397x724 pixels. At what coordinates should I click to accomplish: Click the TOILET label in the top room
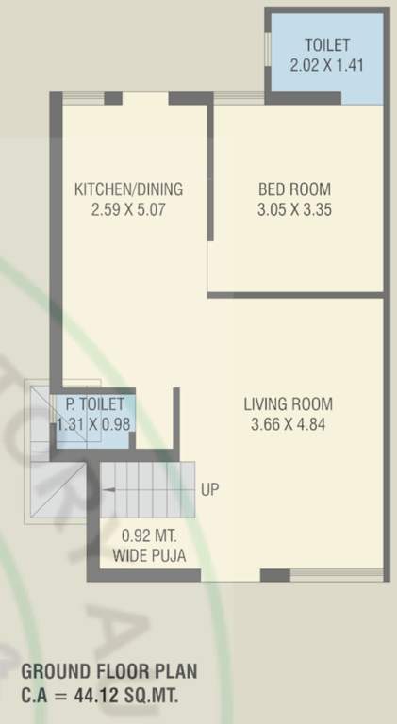pos(327,45)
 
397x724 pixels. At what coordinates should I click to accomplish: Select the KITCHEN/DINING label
pos(128,189)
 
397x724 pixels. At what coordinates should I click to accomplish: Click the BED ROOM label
pos(294,189)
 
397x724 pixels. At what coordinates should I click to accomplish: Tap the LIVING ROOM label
pos(289,404)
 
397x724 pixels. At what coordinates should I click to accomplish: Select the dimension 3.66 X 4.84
pos(289,424)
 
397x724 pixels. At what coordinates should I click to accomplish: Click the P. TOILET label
pos(94,404)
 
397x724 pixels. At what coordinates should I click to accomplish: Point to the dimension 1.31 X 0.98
pos(94,424)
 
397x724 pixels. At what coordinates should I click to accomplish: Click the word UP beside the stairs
pos(211,490)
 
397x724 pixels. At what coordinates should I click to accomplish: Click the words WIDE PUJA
pos(149,555)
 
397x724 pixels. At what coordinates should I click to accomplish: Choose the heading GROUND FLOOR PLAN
pos(109,674)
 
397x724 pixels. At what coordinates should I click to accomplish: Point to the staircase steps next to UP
pos(147,479)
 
